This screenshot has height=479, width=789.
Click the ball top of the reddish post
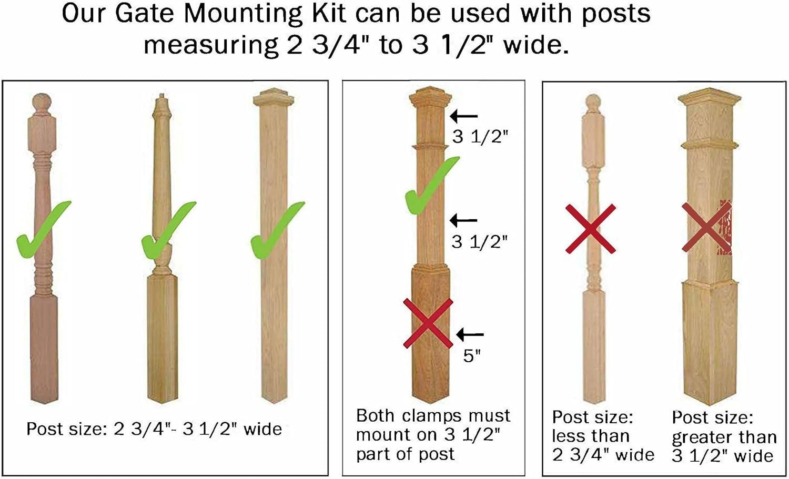(42, 102)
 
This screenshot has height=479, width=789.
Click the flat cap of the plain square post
(274, 97)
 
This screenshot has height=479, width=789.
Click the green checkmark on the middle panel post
(432, 186)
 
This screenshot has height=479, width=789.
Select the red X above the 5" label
(428, 323)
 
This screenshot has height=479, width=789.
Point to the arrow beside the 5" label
(470, 334)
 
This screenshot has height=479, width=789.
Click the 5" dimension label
(472, 356)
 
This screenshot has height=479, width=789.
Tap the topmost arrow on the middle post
(464, 116)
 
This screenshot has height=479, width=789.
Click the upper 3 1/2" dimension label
(480, 137)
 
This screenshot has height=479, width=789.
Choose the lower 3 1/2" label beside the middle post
(480, 242)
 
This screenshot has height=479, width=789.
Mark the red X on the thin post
(591, 228)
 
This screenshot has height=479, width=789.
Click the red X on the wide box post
(706, 227)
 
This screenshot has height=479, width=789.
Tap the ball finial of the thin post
(593, 100)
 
